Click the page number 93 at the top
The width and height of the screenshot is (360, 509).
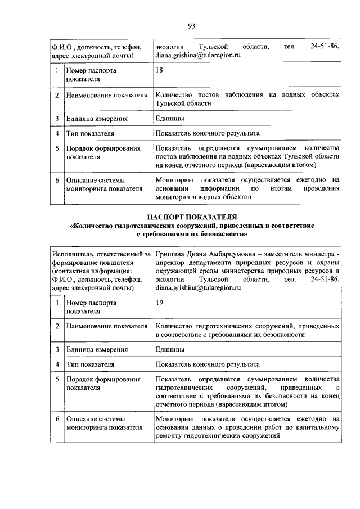click(191, 26)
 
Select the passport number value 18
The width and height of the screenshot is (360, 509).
click(160, 71)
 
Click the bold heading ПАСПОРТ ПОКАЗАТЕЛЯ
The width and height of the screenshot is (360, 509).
click(192, 217)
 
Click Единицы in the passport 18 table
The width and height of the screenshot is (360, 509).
click(170, 119)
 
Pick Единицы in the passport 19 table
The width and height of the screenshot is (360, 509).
click(170, 349)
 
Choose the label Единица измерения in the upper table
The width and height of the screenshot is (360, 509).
click(96, 119)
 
